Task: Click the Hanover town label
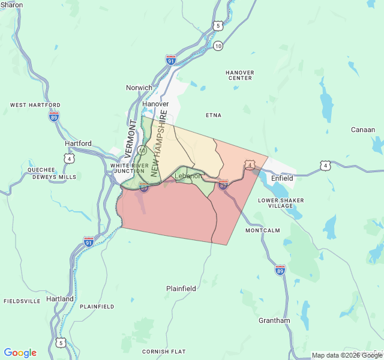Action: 155,104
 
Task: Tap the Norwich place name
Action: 139,88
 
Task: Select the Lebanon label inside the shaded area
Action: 188,176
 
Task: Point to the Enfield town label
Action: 282,178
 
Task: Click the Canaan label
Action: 363,130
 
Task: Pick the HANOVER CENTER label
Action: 239,75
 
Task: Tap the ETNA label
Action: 214,115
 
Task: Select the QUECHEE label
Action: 41,170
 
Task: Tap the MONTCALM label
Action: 263,230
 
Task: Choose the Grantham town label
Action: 274,320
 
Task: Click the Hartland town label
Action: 60,299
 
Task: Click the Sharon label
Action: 11,5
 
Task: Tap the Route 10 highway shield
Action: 218,46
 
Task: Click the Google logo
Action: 20,353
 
